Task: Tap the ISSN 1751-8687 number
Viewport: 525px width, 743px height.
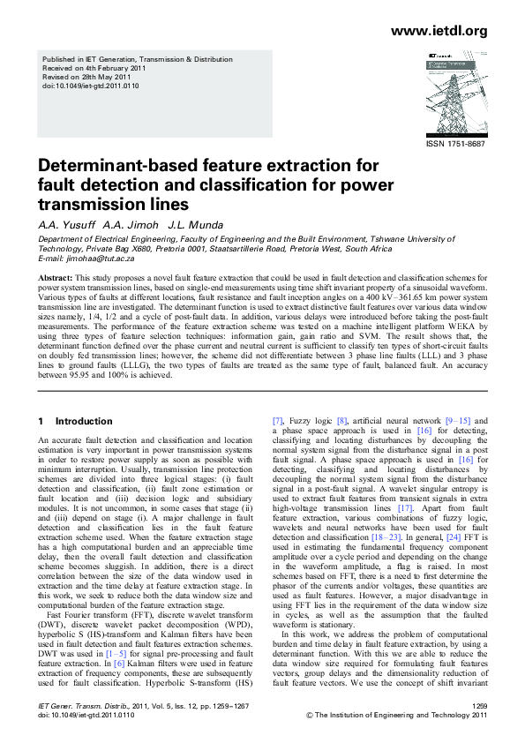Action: pos(455,144)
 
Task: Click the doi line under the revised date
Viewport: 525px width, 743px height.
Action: pos(90,86)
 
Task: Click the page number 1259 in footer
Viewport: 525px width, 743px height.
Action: pos(480,707)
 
